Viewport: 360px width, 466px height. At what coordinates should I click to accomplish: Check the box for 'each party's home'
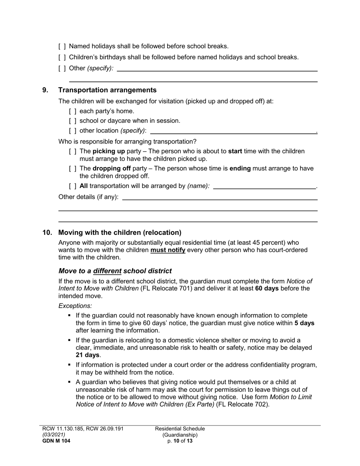click(x=73, y=111)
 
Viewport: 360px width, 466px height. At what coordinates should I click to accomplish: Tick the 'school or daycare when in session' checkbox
click(x=73, y=121)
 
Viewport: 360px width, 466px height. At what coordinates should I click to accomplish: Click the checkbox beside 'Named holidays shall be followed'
click(x=62, y=47)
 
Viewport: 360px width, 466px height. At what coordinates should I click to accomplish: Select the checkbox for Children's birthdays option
click(x=62, y=58)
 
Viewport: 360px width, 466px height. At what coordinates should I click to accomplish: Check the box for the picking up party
click(x=73, y=152)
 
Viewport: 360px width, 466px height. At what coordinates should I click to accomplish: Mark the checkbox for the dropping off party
click(x=73, y=169)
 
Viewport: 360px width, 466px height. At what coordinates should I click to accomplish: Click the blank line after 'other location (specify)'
click(x=233, y=130)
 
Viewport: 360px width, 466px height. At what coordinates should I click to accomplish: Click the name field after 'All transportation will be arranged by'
click(x=264, y=186)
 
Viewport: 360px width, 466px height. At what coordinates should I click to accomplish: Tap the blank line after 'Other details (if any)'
click(x=220, y=197)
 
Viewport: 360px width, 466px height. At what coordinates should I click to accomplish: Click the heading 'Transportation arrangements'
click(x=107, y=90)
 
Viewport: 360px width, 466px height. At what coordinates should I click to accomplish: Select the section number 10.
click(x=47, y=233)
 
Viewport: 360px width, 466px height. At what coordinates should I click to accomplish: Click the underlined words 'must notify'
click(x=168, y=250)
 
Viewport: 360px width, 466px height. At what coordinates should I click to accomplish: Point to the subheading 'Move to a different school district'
click(x=115, y=271)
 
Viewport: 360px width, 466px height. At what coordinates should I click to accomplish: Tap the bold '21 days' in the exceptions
click(x=88, y=355)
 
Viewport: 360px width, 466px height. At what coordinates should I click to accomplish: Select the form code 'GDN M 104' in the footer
click(x=56, y=441)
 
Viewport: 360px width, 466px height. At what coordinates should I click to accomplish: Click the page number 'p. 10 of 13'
click(x=180, y=441)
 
